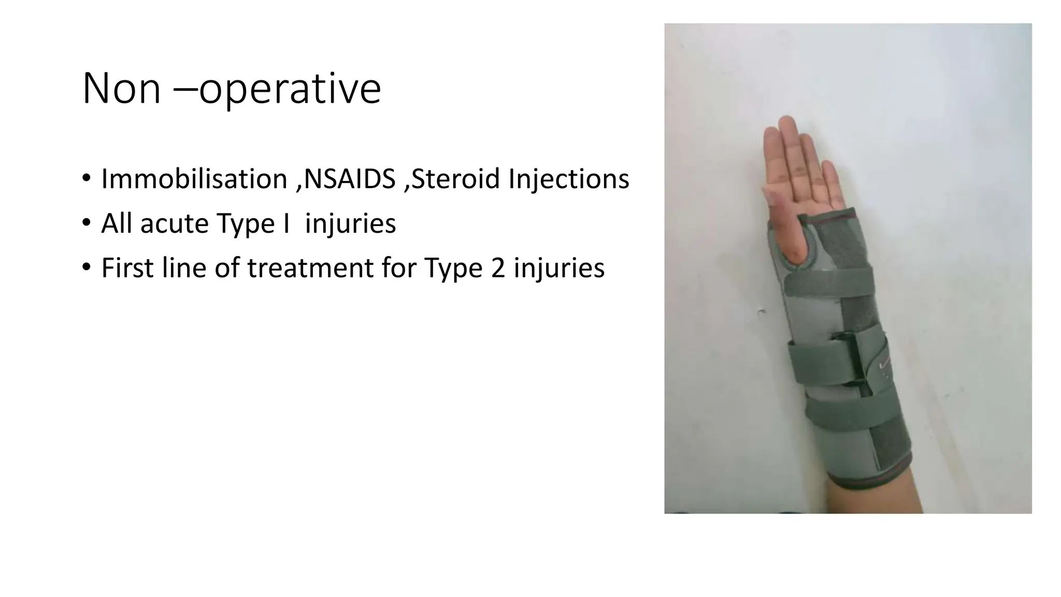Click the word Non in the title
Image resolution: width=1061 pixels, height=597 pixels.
(x=121, y=89)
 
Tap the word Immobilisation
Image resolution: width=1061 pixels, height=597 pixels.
(x=194, y=179)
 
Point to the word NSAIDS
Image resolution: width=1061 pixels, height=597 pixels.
(x=350, y=179)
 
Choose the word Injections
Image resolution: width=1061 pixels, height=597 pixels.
(x=568, y=179)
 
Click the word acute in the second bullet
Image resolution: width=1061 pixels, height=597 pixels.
(x=174, y=224)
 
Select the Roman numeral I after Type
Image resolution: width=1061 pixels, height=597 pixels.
(x=286, y=224)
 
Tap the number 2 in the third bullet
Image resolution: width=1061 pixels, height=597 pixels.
(x=497, y=268)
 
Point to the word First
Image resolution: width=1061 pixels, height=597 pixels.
(x=127, y=268)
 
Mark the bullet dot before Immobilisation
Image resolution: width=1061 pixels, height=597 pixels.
(x=86, y=178)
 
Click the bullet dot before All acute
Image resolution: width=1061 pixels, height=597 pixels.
(x=86, y=223)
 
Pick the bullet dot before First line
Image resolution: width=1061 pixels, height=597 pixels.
(x=86, y=267)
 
